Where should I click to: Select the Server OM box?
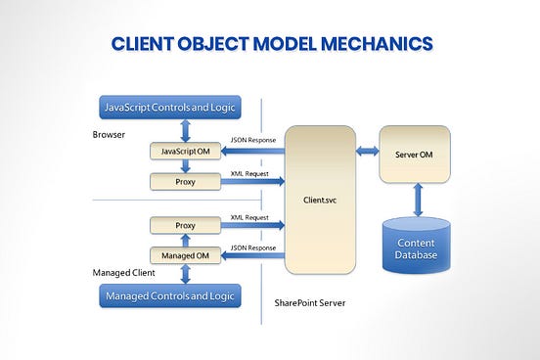click(x=415, y=153)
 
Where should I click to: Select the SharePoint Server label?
click(x=305, y=302)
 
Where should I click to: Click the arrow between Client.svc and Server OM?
click(x=368, y=151)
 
